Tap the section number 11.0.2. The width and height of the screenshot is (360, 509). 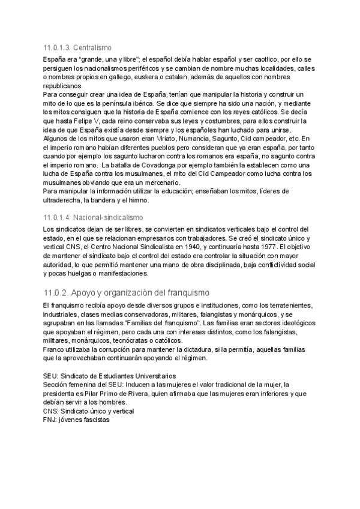(61, 292)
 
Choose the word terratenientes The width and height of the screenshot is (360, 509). (281, 306)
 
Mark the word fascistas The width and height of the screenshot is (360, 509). (93, 420)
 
